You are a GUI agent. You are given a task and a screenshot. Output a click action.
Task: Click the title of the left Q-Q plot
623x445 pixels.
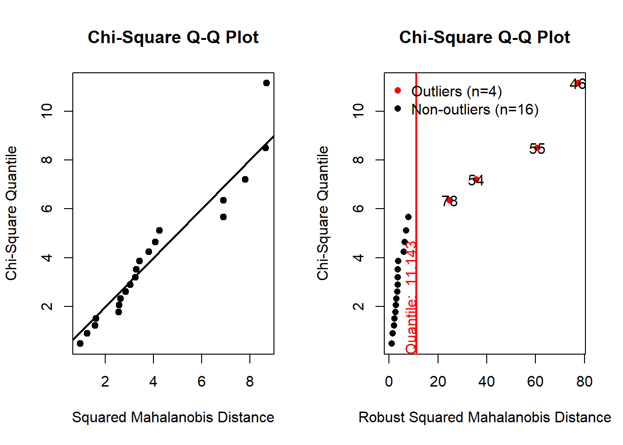(173, 38)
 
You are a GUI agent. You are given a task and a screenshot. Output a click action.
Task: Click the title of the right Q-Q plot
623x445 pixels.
(484, 38)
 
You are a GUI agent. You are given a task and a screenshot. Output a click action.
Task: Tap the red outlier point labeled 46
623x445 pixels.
(578, 83)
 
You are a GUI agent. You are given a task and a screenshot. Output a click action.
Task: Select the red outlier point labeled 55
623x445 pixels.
(537, 148)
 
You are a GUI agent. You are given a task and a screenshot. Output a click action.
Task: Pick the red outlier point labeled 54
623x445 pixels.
(476, 179)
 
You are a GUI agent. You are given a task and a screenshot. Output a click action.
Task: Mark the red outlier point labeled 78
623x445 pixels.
(449, 200)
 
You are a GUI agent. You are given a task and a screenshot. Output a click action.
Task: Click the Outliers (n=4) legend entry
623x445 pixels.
(456, 91)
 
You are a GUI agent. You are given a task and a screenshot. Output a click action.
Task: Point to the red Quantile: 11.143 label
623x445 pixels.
(411, 297)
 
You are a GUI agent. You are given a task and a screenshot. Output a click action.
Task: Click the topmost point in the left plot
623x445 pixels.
(266, 83)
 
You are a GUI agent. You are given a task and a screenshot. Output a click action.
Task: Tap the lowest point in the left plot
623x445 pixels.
(80, 343)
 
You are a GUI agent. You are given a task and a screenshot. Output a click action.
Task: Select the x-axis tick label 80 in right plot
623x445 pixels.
(584, 381)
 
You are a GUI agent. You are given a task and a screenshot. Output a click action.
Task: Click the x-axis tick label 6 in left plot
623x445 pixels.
(202, 381)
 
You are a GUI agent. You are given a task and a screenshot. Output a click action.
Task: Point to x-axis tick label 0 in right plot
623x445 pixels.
(389, 381)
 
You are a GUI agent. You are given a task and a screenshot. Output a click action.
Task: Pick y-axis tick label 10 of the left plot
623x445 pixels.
(47, 111)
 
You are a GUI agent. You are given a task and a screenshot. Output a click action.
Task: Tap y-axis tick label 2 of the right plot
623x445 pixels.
(358, 306)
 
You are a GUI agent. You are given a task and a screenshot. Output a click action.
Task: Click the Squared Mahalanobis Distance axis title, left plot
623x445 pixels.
(173, 417)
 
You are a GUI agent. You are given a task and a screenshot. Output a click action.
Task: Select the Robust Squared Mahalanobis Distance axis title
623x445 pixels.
(484, 417)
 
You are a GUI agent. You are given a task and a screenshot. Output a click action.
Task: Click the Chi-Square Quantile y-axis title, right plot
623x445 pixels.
(323, 213)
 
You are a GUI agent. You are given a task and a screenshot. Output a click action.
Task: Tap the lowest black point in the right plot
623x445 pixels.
(392, 343)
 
